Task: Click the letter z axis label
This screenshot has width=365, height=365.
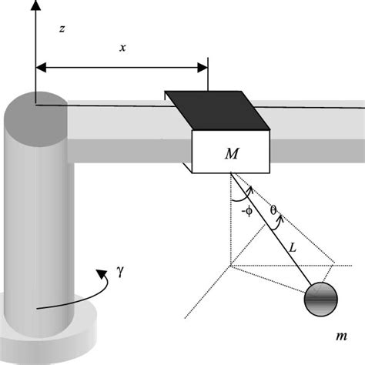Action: pyautogui.click(x=61, y=28)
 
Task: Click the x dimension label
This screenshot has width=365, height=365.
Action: pyautogui.click(x=122, y=48)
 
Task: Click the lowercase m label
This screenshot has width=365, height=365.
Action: pyautogui.click(x=340, y=336)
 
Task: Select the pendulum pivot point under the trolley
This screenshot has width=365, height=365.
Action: pyautogui.click(x=231, y=176)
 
